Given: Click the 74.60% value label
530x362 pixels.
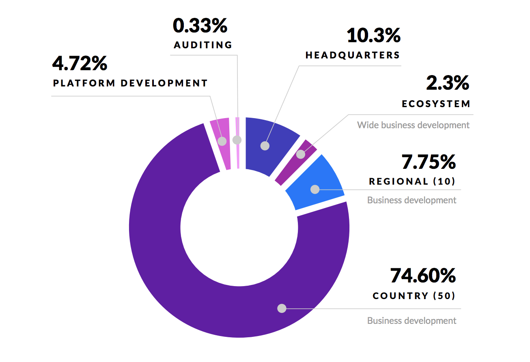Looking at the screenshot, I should (x=422, y=276).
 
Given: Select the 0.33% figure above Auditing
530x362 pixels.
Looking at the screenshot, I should (x=200, y=26).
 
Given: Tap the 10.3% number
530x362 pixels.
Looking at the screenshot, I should (x=373, y=35).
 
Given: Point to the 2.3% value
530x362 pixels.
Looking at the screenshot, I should (x=448, y=83).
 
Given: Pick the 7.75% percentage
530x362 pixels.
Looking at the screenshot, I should (x=429, y=162).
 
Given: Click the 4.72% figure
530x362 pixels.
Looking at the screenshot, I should (x=80, y=63).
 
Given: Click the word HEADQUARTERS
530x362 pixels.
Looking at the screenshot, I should (x=353, y=55).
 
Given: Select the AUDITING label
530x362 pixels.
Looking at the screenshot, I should (x=203, y=45).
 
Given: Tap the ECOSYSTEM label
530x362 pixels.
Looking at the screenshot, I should (x=436, y=104).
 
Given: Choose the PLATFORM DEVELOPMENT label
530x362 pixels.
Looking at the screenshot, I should (x=130, y=83).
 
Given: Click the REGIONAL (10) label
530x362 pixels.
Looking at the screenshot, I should (x=412, y=181).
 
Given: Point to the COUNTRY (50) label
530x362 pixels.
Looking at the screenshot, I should (x=414, y=296).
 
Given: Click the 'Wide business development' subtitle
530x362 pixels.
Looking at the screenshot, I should (x=413, y=125).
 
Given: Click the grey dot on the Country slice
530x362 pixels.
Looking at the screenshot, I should (x=282, y=308).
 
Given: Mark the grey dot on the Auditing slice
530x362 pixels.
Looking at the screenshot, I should (x=237, y=140).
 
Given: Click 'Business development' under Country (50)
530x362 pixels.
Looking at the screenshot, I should (x=412, y=321).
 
